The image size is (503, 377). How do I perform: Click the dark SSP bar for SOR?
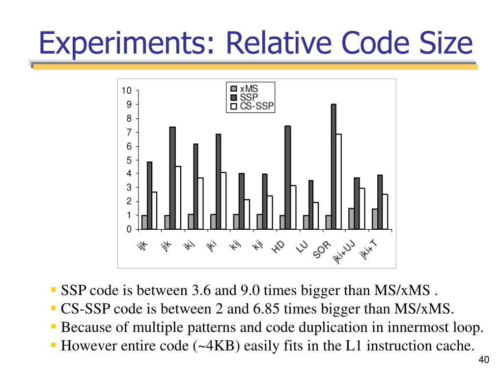tap(334, 167)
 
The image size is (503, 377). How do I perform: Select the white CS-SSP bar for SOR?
tap(339, 182)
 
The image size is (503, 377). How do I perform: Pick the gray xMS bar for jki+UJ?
tap(351, 218)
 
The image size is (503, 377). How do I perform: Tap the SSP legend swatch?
tap(234, 97)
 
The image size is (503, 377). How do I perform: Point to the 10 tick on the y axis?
tap(127, 91)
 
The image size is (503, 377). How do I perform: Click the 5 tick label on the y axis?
tap(129, 160)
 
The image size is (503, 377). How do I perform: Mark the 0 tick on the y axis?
tap(129, 229)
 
